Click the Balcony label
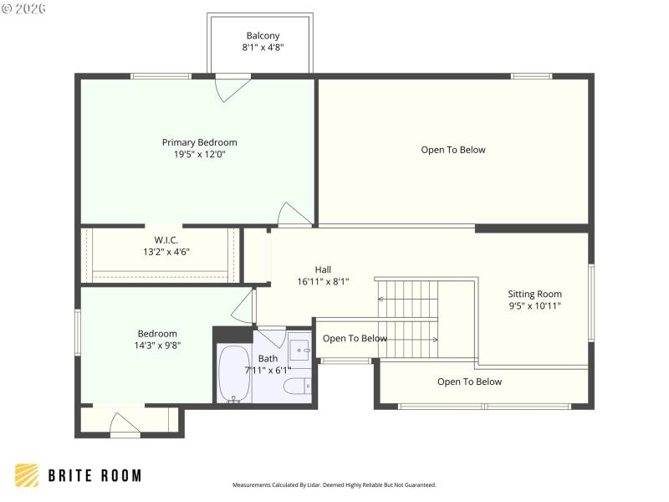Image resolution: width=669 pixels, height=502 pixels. (x=263, y=36)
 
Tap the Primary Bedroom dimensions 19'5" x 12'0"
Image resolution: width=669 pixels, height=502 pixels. (x=199, y=154)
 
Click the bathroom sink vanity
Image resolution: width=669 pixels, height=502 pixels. (x=299, y=350)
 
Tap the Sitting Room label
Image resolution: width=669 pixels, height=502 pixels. (x=534, y=294)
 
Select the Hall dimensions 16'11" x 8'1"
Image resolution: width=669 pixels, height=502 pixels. (x=323, y=281)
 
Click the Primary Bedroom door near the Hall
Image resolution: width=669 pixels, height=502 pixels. (x=295, y=214)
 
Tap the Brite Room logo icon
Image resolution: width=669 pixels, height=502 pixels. (x=27, y=475)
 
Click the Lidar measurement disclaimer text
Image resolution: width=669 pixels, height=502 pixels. (x=334, y=484)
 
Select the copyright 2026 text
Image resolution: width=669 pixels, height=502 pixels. (x=24, y=8)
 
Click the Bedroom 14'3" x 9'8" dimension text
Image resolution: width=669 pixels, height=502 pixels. (x=157, y=345)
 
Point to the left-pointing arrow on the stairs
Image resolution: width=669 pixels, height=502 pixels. (x=381, y=299)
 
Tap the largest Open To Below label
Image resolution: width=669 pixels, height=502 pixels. (x=452, y=150)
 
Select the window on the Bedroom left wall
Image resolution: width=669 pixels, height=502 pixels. (x=78, y=335)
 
